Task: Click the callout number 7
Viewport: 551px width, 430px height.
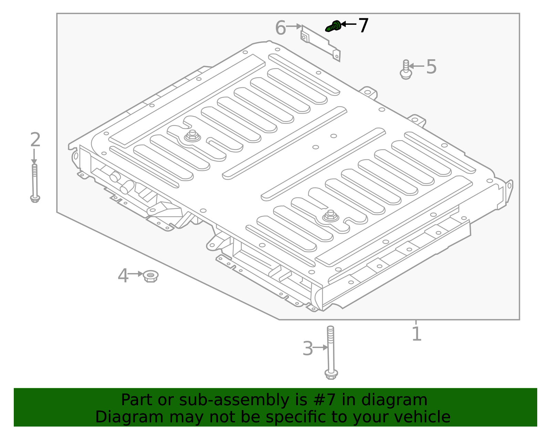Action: point(363,25)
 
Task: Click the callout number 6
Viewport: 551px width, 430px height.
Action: point(280,28)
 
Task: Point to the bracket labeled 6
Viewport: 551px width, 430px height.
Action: point(321,43)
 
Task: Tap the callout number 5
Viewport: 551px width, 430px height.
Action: point(431,66)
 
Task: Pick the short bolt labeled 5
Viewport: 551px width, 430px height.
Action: point(406,70)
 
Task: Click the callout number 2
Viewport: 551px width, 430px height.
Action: point(35,139)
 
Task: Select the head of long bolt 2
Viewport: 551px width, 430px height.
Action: point(35,198)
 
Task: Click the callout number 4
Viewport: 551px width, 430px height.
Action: point(123,276)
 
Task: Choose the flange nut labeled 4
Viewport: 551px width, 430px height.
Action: point(150,276)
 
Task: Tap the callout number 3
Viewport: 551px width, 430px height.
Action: point(308,348)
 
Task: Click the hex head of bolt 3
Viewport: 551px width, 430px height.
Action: point(331,374)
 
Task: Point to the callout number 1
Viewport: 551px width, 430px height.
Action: point(416,334)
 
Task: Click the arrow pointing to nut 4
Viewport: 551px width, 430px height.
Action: point(135,274)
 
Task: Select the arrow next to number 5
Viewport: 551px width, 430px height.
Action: point(416,66)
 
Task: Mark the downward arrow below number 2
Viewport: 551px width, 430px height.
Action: point(34,157)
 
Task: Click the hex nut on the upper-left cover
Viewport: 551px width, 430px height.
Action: point(192,135)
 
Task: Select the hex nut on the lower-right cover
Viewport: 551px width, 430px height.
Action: point(331,215)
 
